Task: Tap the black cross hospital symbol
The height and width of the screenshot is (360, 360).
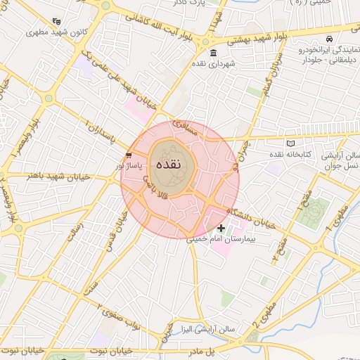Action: [x=221, y=228]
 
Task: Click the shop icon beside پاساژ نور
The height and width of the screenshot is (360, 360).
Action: [x=127, y=155]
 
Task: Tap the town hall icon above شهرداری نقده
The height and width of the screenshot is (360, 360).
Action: [x=214, y=55]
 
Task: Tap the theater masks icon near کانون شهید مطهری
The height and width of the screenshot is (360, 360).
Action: [x=56, y=21]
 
